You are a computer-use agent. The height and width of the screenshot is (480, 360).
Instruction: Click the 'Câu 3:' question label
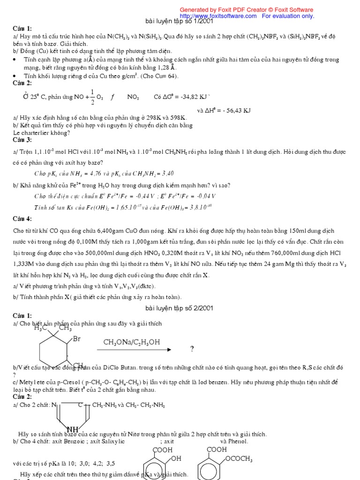[22, 140]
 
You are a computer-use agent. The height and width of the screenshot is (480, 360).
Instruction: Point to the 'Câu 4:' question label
[22, 219]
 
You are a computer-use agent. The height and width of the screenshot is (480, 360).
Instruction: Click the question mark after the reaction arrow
[192, 349]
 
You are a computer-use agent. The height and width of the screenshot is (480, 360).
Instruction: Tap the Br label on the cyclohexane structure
[76, 339]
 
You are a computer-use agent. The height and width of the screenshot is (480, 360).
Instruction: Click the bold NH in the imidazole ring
[73, 429]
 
